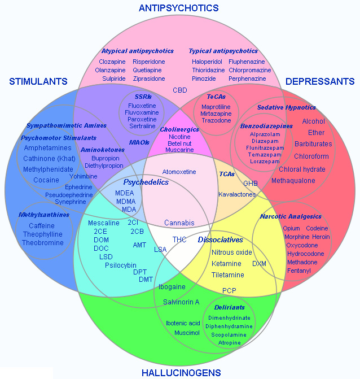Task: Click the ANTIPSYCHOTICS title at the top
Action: (x=178, y=8)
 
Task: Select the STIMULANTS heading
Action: (x=38, y=82)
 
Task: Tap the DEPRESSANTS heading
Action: (x=320, y=82)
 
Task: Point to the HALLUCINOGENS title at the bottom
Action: (x=181, y=373)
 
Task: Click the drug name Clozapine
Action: (x=112, y=62)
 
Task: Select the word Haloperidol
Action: (x=207, y=62)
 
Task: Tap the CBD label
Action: (x=180, y=90)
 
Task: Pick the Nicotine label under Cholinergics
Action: (x=179, y=137)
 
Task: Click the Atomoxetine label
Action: (x=179, y=172)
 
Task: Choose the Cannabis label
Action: (x=179, y=223)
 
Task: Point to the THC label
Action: (x=179, y=239)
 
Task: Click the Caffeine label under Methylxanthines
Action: (x=42, y=226)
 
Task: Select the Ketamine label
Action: (x=226, y=264)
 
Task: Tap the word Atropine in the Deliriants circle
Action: (x=229, y=343)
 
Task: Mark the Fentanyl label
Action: (x=298, y=271)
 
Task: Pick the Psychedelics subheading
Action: (x=146, y=182)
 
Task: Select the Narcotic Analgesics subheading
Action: (x=291, y=216)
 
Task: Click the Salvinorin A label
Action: (x=181, y=302)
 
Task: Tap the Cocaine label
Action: (x=46, y=180)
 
